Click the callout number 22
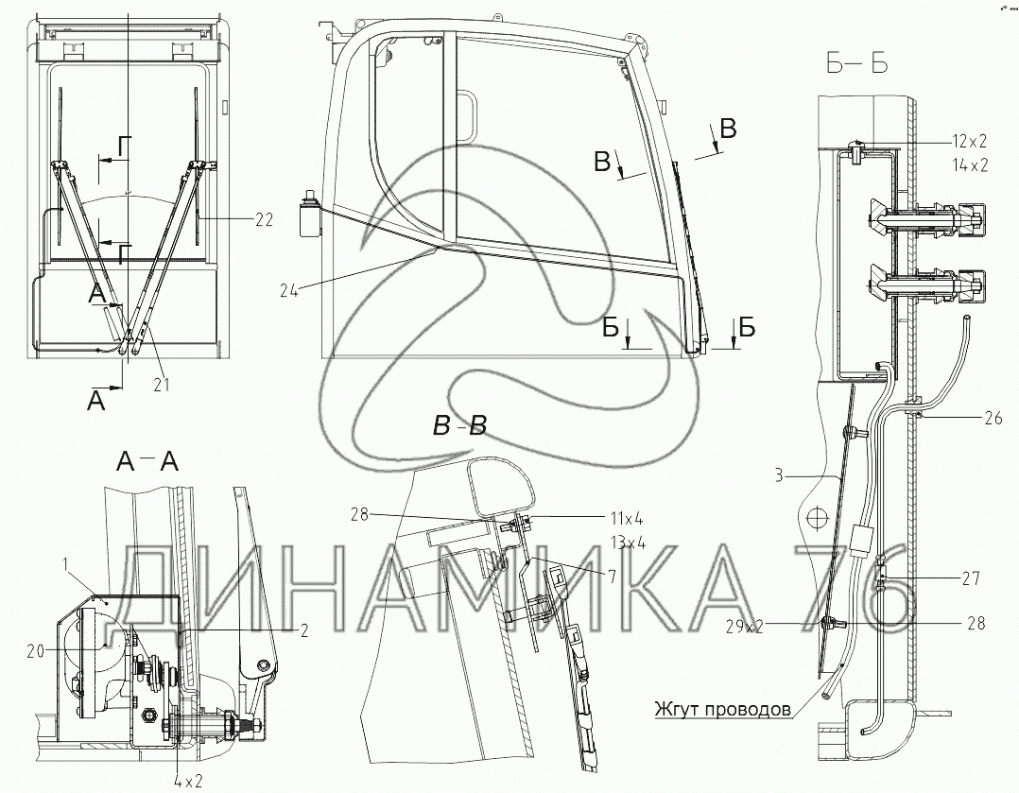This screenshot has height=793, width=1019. [x=264, y=220]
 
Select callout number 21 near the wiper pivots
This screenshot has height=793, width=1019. [x=161, y=385]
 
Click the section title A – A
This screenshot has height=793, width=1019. [x=147, y=461]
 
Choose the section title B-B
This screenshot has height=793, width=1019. [x=460, y=426]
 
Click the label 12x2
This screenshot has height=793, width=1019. [x=970, y=141]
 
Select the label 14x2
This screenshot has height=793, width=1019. [x=970, y=165]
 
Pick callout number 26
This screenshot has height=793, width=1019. [x=993, y=418]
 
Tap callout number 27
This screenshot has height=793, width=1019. [x=971, y=578]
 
